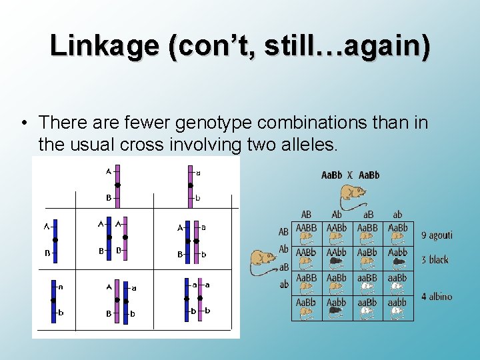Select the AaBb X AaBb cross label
click(x=350, y=175)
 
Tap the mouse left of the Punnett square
click(x=263, y=260)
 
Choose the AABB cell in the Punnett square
click(x=306, y=233)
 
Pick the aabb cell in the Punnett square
click(x=398, y=308)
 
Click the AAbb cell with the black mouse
click(x=337, y=258)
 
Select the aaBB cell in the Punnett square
click(x=367, y=283)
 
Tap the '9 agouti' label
click(x=437, y=235)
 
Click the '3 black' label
click(x=435, y=259)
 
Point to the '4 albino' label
click(x=437, y=296)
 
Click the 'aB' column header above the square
click(x=367, y=215)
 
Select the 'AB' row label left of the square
click(x=283, y=232)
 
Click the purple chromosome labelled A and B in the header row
click(x=117, y=185)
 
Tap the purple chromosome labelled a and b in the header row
click(x=190, y=185)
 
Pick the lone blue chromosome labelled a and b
click(x=54, y=301)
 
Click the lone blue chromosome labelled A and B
click(x=55, y=240)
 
